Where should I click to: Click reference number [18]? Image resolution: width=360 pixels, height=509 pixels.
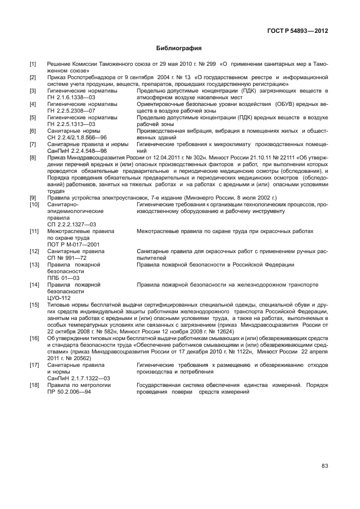(x=35, y=386)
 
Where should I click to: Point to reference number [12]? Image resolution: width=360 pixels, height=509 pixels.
(x=35, y=251)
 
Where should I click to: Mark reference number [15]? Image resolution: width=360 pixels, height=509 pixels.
(x=35, y=305)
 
